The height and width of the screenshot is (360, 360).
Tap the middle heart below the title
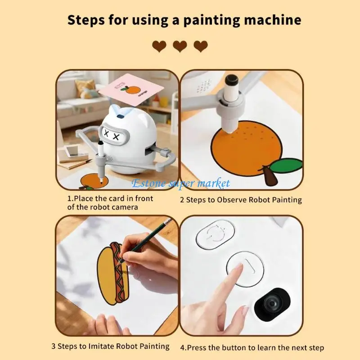tap(180, 46)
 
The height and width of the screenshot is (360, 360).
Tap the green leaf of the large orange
tap(286, 166)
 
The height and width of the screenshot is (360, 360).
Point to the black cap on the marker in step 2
tap(232, 81)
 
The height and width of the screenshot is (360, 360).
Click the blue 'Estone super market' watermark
tap(180, 183)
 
